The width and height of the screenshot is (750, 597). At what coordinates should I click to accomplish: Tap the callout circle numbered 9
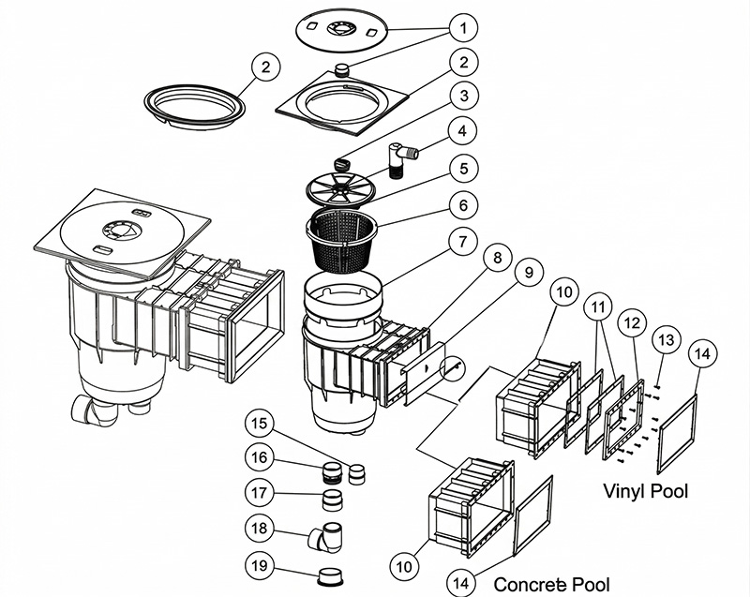[x=528, y=273]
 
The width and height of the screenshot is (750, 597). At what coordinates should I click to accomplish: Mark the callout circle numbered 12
[x=632, y=323]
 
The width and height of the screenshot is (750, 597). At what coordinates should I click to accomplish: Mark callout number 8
[x=494, y=258]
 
